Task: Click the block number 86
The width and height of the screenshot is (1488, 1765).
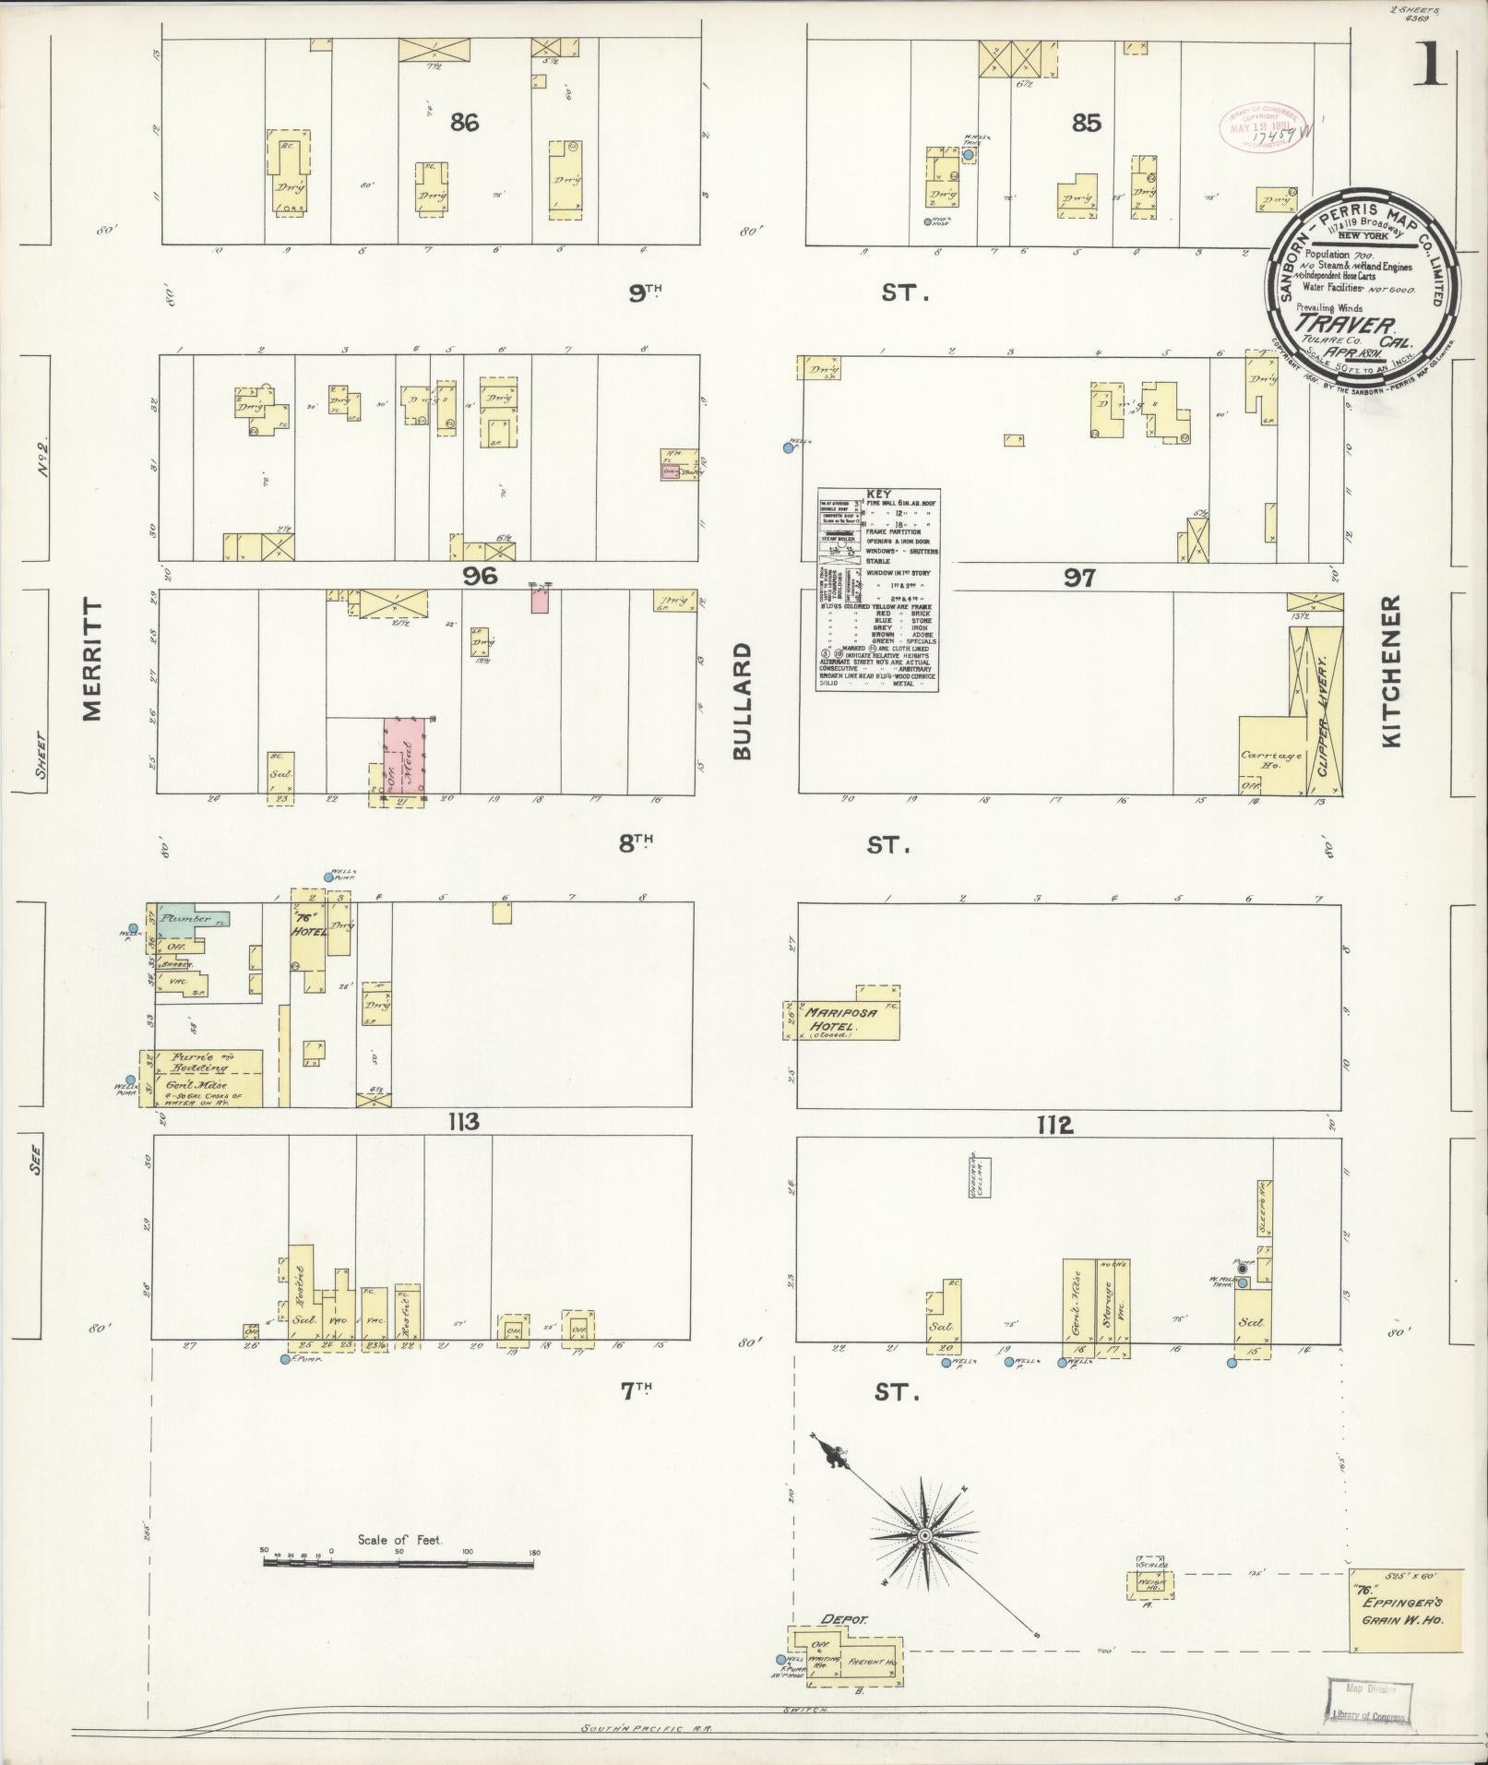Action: point(464,122)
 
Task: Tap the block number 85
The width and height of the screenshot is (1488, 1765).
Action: point(1087,122)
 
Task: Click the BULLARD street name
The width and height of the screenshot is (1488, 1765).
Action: point(744,701)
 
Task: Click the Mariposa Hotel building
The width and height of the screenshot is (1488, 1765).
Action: point(847,1019)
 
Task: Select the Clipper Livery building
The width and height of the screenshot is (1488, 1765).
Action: point(1323,710)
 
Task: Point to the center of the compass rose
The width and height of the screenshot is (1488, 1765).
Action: point(923,1535)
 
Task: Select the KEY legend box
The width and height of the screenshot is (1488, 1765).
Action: point(877,590)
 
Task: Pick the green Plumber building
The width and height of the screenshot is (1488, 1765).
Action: point(189,919)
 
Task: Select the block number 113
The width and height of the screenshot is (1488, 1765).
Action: point(462,1122)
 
